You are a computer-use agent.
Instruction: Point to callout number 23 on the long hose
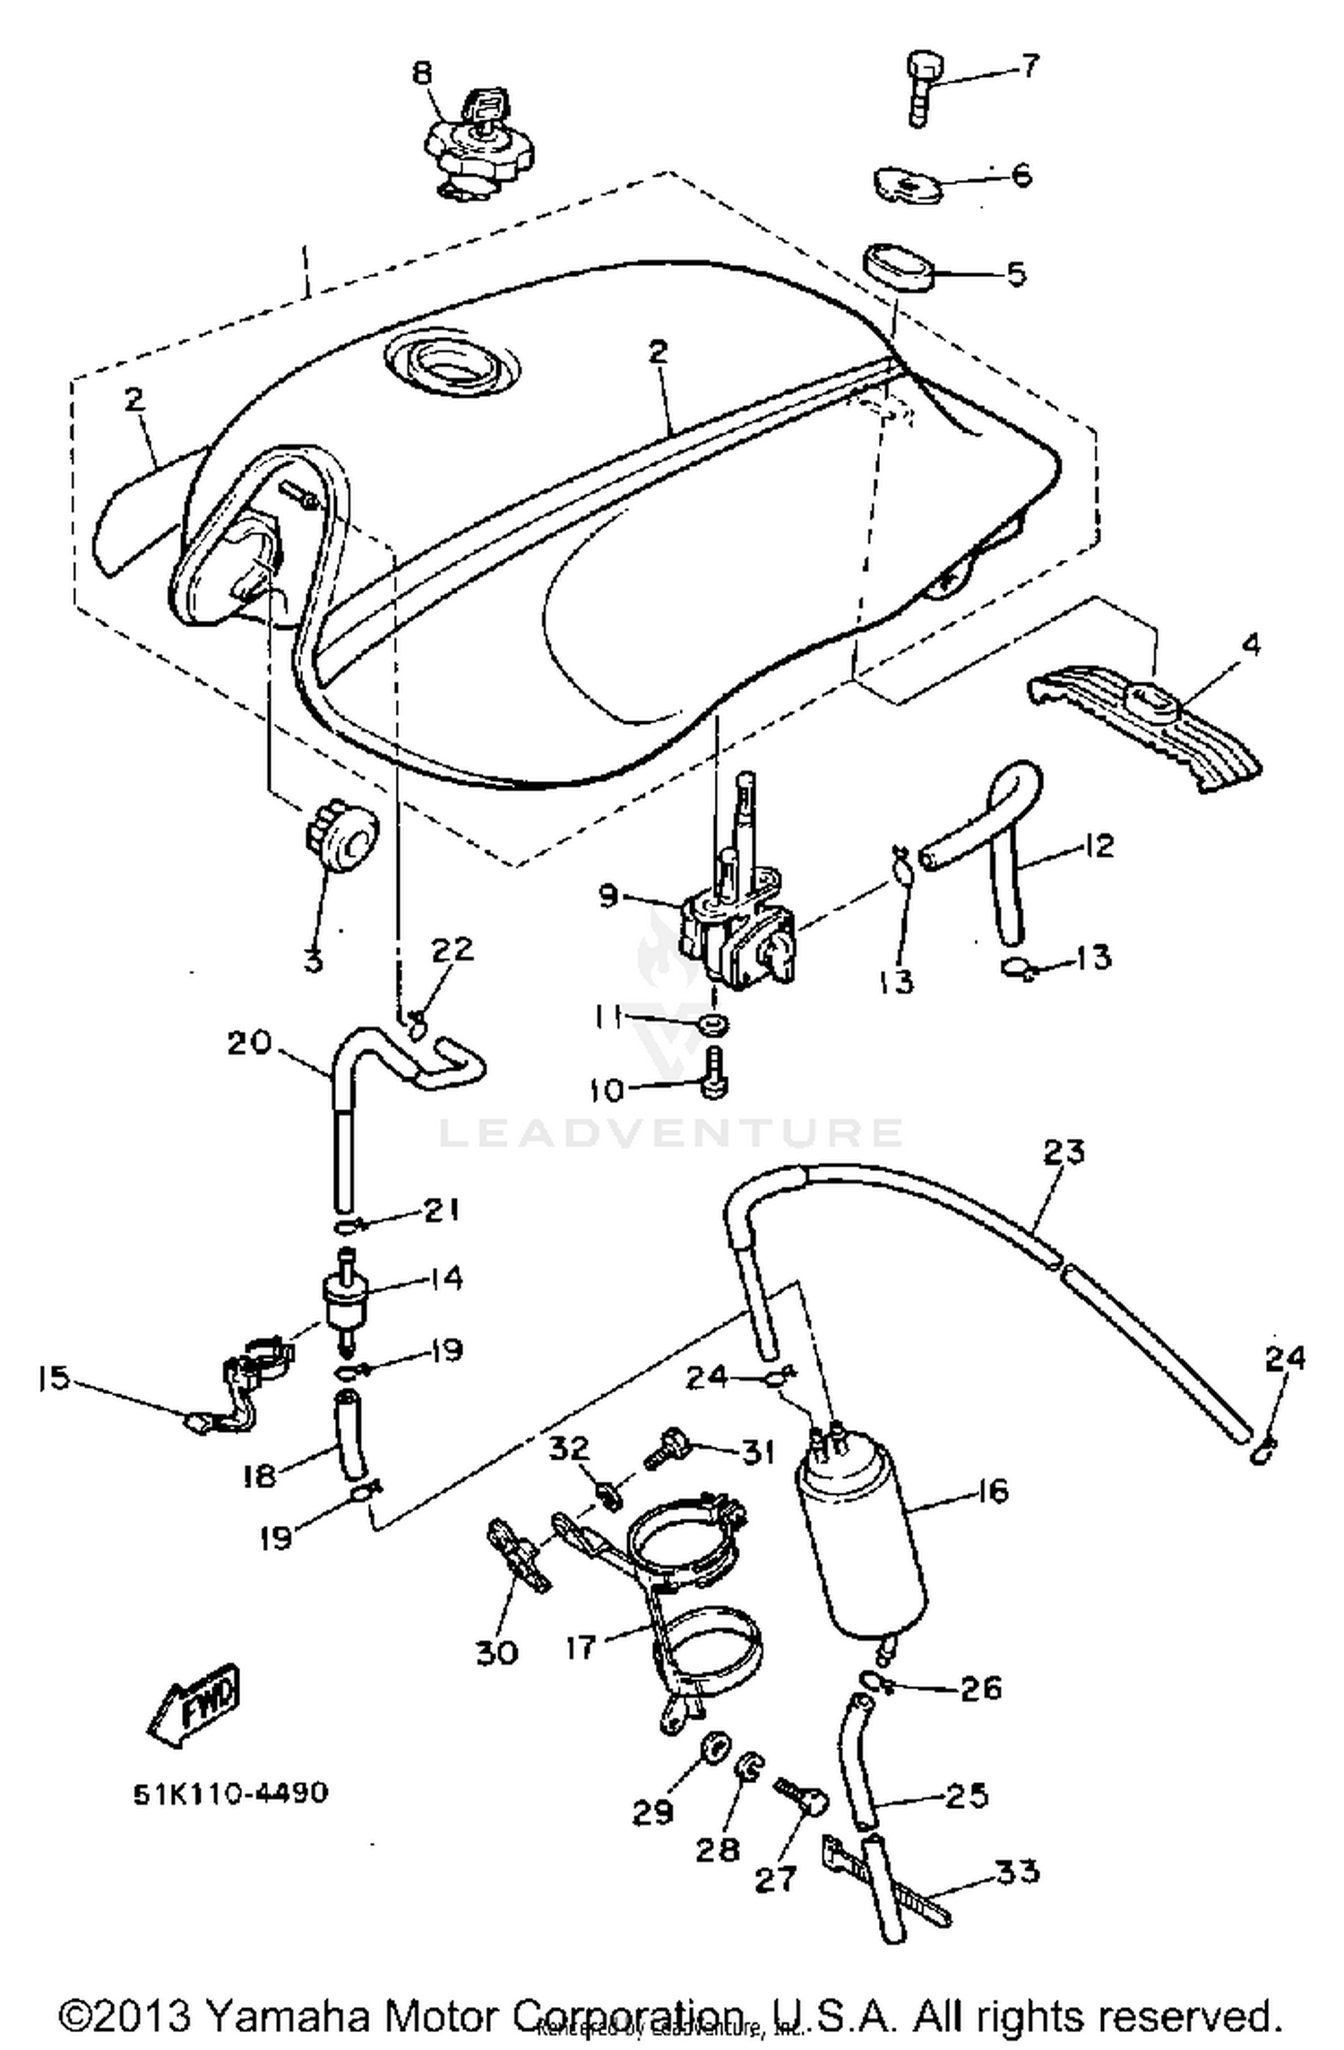(1064, 1151)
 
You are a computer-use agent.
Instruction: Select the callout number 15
(54, 1378)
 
